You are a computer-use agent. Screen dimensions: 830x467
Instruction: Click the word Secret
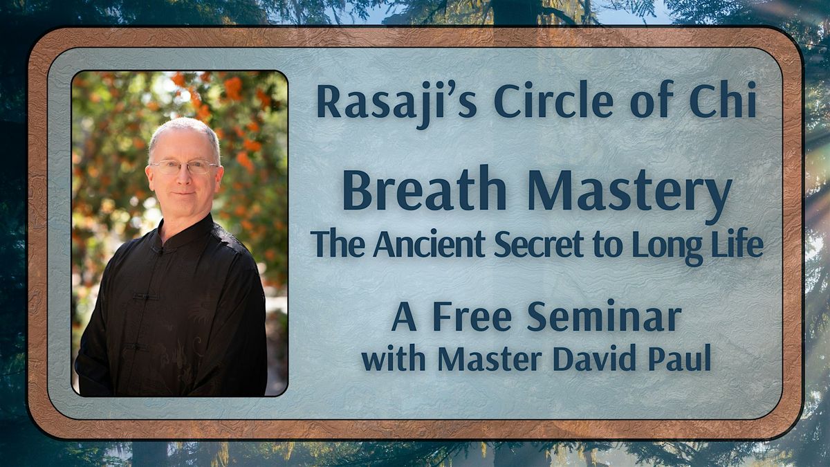pyautogui.click(x=539, y=244)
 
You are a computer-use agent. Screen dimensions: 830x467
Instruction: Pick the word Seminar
pyautogui.click(x=605, y=316)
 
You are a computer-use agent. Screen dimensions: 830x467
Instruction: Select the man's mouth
pyautogui.click(x=184, y=194)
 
